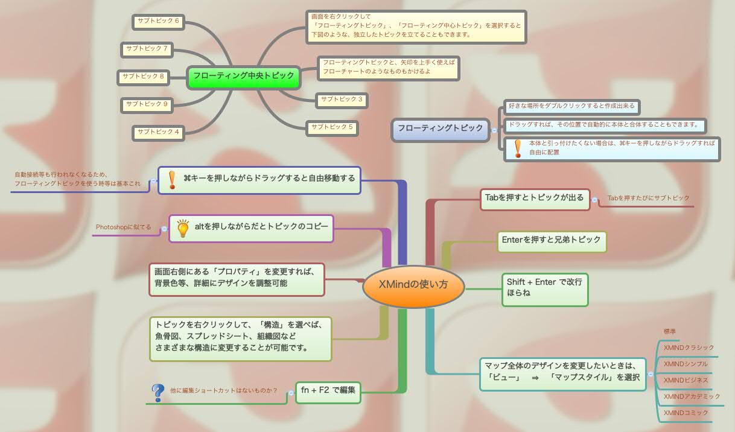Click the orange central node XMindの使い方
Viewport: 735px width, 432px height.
(x=413, y=285)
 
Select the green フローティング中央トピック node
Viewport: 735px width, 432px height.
(x=244, y=76)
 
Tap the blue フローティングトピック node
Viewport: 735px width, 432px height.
(x=441, y=129)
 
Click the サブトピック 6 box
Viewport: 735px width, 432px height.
(x=158, y=21)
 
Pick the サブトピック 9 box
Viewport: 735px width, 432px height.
(x=147, y=104)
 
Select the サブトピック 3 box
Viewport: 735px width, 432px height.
(x=342, y=100)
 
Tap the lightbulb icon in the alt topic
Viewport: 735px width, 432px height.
(x=182, y=227)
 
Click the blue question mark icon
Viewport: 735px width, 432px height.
(x=157, y=393)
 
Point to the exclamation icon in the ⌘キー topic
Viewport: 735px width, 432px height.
(x=172, y=179)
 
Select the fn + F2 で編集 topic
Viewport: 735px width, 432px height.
(x=328, y=390)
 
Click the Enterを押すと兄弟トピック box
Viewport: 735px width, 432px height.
(x=551, y=240)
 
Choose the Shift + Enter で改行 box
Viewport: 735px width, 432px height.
(x=544, y=288)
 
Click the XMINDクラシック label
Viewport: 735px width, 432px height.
(x=689, y=348)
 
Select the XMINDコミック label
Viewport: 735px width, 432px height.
(x=686, y=413)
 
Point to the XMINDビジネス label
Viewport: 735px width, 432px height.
(x=686, y=380)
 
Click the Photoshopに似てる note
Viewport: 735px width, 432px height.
(x=123, y=227)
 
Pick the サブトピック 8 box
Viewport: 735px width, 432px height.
(x=143, y=77)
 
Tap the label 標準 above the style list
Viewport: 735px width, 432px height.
(x=669, y=331)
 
